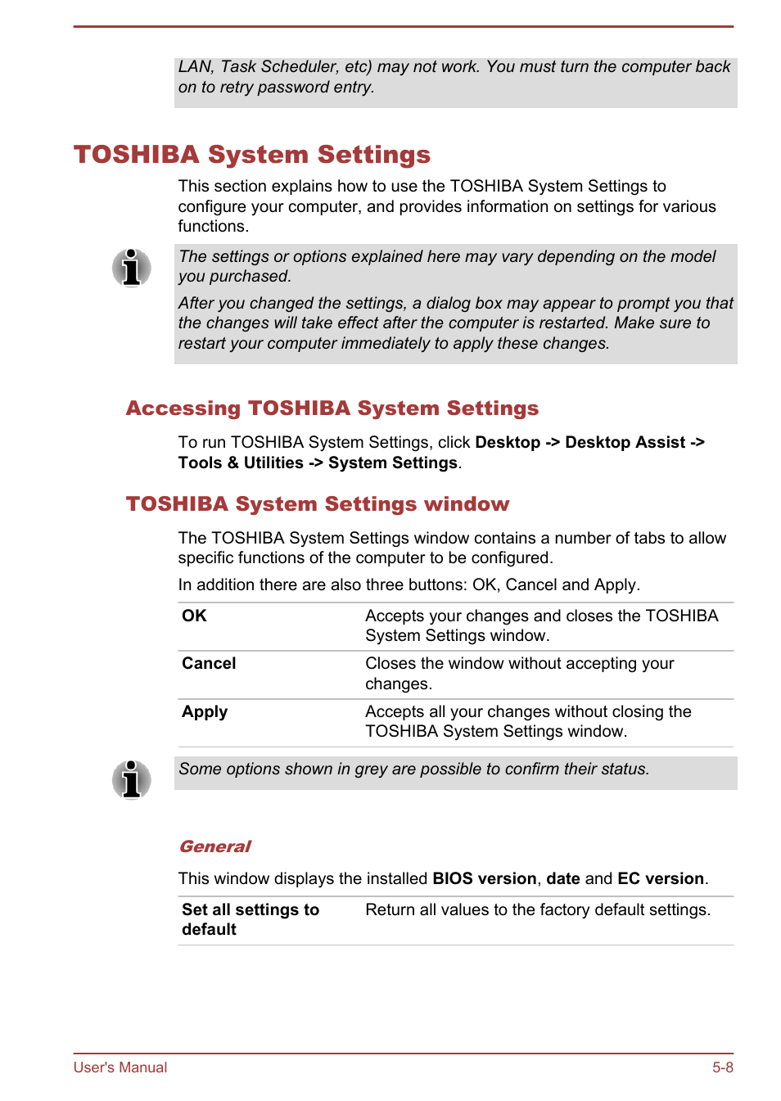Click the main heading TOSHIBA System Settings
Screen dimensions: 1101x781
[x=252, y=155]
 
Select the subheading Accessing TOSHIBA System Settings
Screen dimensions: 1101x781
[x=332, y=408]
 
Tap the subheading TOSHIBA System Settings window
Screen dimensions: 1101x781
[x=317, y=504]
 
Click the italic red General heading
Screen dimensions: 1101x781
[x=214, y=846]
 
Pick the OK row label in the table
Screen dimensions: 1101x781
[x=194, y=616]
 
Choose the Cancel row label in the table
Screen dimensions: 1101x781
[x=209, y=663]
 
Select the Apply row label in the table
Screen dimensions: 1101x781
[x=205, y=711]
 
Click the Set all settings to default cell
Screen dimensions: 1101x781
[x=250, y=919]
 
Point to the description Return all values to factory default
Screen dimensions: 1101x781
[x=537, y=909]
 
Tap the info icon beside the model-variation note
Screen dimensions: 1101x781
[x=131, y=268]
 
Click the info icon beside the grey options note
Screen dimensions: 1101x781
[x=131, y=779]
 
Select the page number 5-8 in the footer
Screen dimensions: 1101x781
[x=722, y=1067]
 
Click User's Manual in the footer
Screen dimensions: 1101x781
[x=120, y=1067]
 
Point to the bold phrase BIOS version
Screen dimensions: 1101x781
[x=484, y=878]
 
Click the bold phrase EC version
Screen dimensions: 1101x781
[x=660, y=878]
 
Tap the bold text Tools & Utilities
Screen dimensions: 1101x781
[x=241, y=463]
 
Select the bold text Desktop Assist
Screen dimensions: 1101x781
[x=625, y=442]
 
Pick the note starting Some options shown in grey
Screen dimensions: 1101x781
[x=413, y=769]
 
